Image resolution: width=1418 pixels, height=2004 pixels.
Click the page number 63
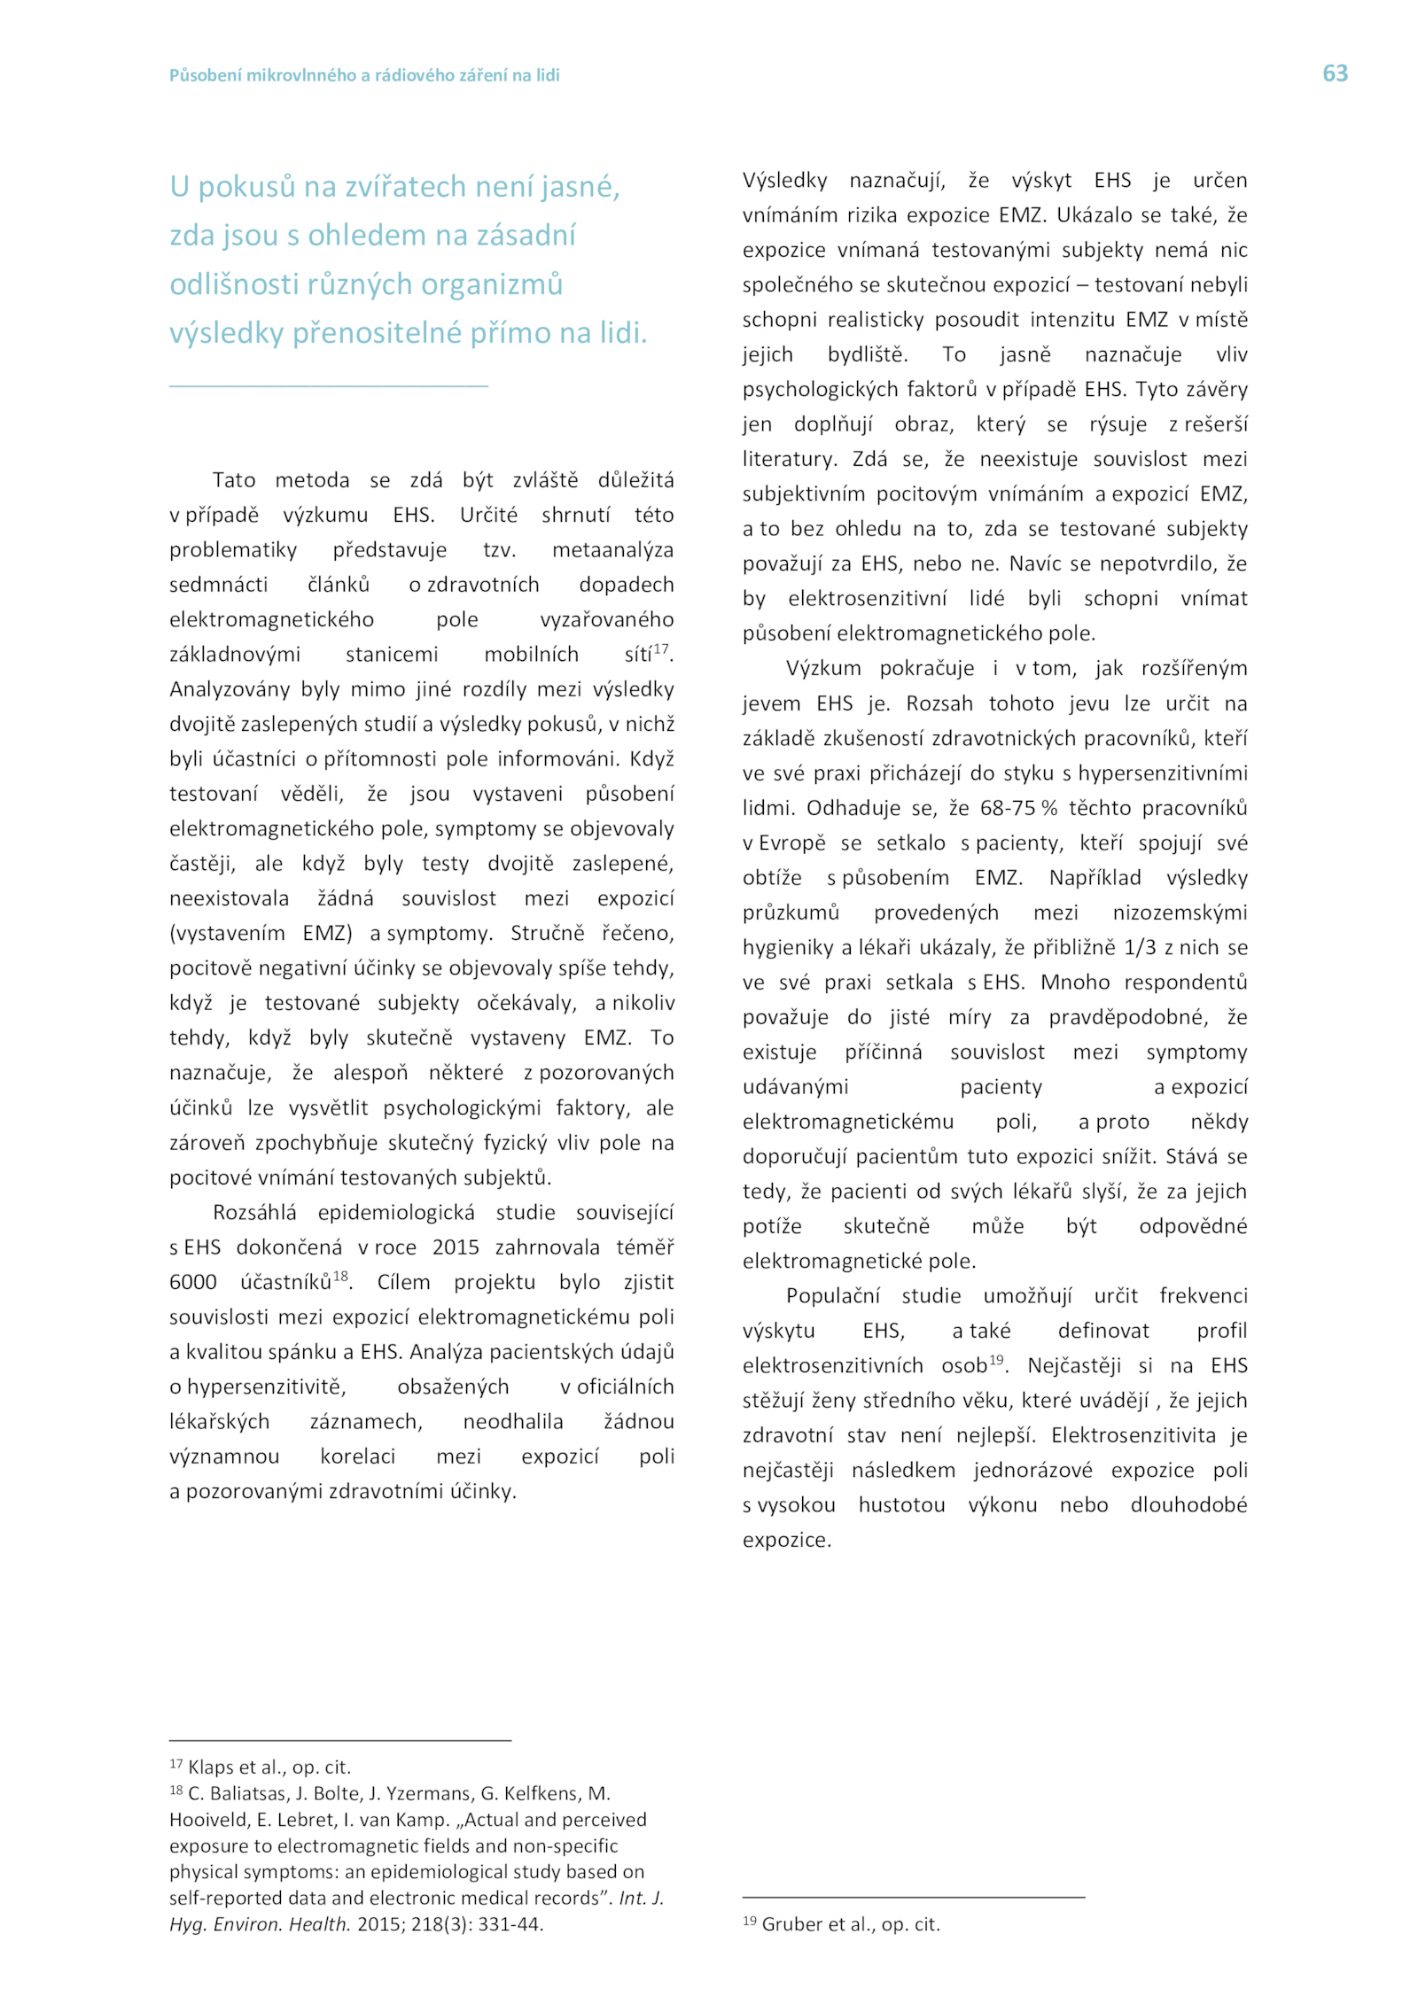1334,74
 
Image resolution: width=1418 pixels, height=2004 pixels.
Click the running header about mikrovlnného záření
364,75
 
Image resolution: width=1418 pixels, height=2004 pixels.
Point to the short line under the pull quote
328,386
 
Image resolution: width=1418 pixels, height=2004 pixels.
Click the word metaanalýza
612,550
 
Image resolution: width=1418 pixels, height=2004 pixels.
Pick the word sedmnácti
218,585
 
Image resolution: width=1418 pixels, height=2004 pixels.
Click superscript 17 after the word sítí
660,649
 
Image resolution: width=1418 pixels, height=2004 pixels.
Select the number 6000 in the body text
192,1282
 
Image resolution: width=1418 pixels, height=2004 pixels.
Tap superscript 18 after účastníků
340,1277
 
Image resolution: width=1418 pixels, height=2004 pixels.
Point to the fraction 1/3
1140,947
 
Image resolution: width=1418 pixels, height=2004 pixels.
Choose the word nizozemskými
1180,913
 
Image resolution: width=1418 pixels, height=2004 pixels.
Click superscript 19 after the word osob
996,1360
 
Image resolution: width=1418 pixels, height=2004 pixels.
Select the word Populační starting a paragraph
832,1296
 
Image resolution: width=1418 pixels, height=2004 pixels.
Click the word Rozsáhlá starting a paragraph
254,1212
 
